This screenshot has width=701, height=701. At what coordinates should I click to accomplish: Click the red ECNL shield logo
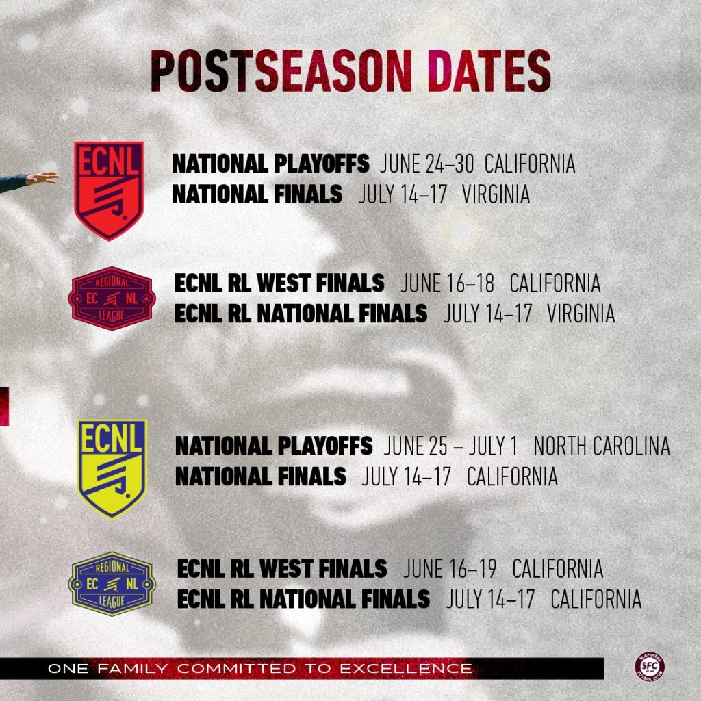[x=108, y=190]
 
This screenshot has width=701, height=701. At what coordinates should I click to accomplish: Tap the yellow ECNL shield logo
[x=112, y=468]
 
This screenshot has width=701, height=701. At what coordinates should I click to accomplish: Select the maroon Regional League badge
[x=112, y=298]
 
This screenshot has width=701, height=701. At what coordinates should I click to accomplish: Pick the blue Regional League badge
[x=112, y=584]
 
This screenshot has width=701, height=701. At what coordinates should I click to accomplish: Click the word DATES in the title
[x=488, y=71]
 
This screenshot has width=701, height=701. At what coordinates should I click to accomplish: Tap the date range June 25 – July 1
[x=450, y=446]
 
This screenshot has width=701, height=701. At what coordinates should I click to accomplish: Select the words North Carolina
[x=601, y=446]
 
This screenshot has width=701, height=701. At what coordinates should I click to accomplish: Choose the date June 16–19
[x=450, y=569]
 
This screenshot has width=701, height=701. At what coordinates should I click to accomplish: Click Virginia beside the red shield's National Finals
[x=496, y=194]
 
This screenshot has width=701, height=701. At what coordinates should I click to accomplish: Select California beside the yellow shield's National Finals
[x=512, y=476]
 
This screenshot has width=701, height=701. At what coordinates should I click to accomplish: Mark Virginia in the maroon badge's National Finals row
[x=581, y=314]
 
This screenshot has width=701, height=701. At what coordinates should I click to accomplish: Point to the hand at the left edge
[x=41, y=178]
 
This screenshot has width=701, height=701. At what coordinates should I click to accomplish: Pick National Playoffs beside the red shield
[x=270, y=164]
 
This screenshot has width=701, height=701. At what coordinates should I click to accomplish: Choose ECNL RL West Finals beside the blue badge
[x=282, y=569]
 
